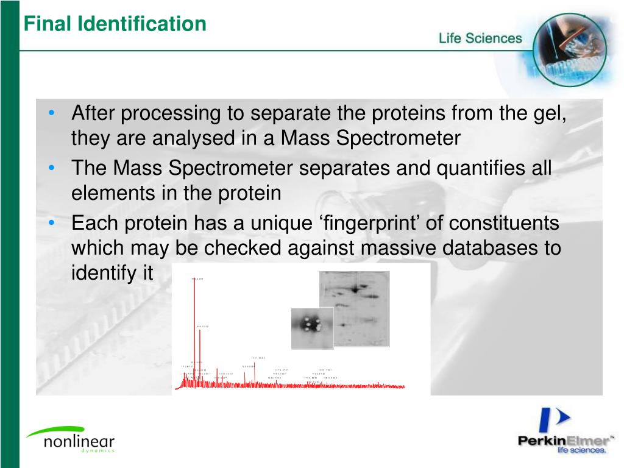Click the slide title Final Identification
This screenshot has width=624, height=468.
115,24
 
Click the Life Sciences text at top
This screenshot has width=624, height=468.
480,38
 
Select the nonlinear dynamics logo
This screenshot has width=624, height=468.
70,439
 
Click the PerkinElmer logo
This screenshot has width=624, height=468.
563,434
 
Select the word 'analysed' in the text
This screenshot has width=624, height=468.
193,139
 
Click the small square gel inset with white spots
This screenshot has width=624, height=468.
312,328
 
